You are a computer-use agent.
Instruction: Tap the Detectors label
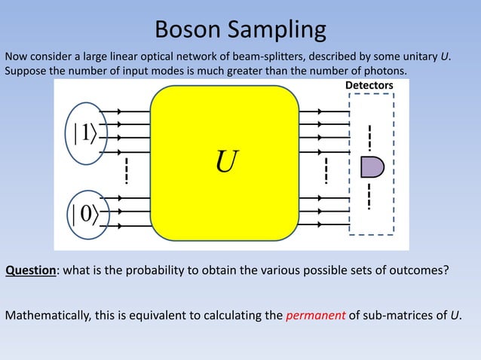tap(369, 87)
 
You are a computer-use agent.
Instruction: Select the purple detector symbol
tap(371, 166)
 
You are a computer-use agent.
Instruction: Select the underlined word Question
tap(31, 271)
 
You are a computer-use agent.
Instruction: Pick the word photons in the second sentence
tap(384, 71)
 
